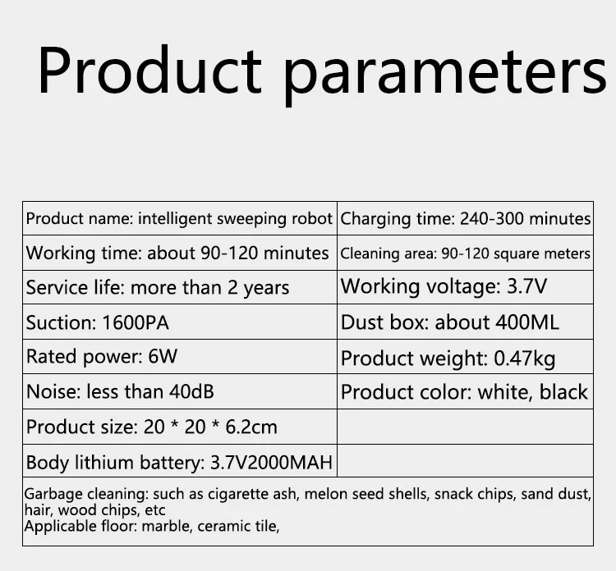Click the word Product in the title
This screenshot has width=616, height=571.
(149, 71)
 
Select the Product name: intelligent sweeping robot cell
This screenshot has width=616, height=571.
(180, 218)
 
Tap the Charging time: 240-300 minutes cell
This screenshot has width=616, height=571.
(465, 218)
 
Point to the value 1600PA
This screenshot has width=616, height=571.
(136, 322)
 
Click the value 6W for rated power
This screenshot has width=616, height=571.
(163, 356)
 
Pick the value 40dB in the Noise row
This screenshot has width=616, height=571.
(191, 391)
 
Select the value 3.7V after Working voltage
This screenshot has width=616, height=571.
(526, 286)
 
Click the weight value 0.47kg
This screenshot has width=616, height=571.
(525, 359)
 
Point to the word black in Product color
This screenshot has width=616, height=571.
(563, 391)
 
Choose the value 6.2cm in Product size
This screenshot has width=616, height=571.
(251, 427)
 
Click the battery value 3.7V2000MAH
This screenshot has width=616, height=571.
(272, 462)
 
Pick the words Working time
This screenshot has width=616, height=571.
(84, 254)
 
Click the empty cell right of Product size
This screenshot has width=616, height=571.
(465, 427)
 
